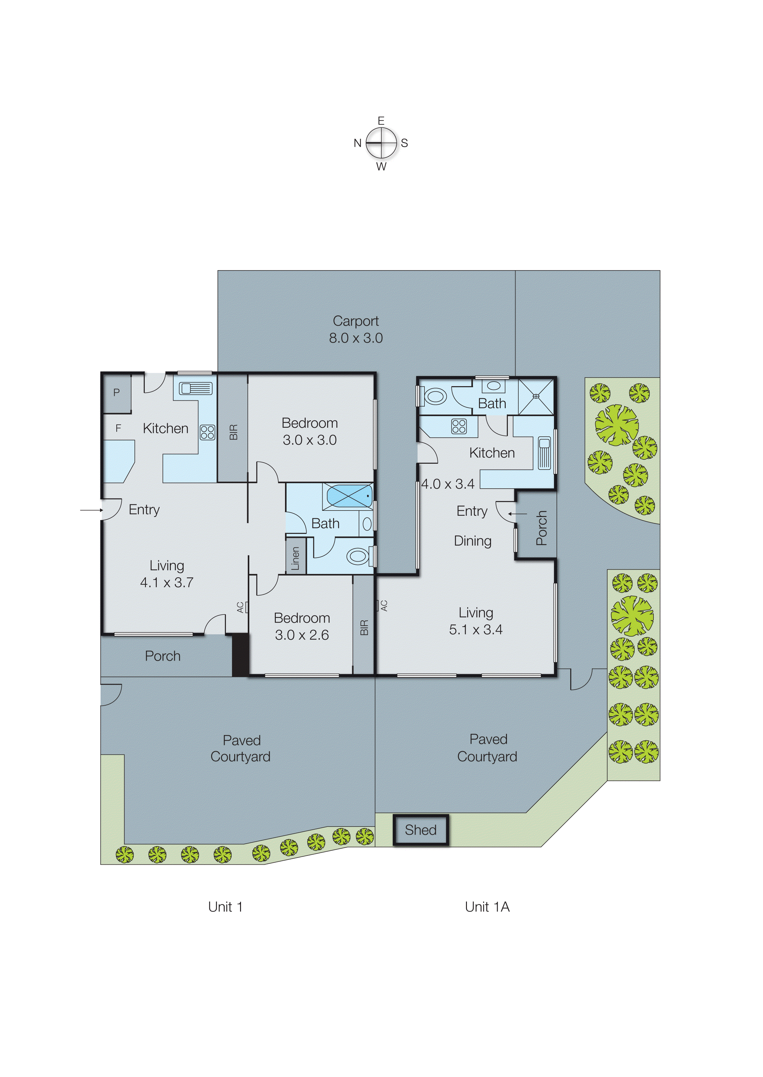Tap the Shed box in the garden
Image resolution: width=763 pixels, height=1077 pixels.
click(420, 830)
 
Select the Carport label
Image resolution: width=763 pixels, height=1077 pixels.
click(356, 321)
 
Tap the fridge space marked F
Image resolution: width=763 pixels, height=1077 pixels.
click(118, 428)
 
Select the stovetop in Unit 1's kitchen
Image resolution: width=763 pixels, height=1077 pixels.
click(207, 432)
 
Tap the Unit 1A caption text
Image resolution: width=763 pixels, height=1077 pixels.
click(487, 907)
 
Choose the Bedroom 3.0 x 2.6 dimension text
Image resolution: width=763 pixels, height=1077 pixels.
click(302, 635)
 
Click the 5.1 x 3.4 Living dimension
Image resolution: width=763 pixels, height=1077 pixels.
click(476, 630)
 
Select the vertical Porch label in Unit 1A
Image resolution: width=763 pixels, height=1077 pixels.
click(541, 528)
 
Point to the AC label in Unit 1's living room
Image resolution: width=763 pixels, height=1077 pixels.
click(240, 607)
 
